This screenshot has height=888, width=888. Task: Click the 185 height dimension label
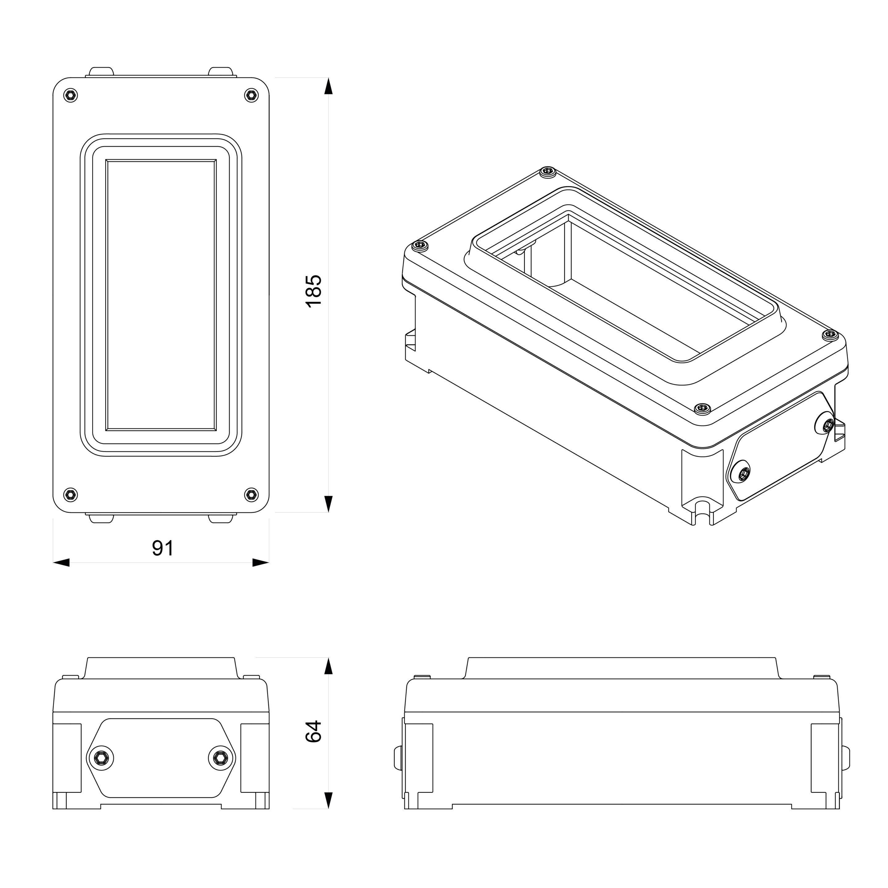[x=314, y=291]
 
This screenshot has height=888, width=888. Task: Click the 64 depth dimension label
[x=314, y=731]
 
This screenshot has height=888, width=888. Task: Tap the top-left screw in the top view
[x=70, y=95]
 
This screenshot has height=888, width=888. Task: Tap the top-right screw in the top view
[x=251, y=95]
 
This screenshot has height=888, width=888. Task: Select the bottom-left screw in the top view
[x=70, y=495]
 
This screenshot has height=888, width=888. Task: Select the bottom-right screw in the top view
[x=251, y=495]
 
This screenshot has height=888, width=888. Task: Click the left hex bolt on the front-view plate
[x=101, y=758]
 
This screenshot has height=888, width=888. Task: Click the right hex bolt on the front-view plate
[x=221, y=758]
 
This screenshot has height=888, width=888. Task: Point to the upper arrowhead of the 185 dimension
[x=328, y=86]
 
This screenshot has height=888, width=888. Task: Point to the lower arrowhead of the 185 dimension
[x=328, y=504]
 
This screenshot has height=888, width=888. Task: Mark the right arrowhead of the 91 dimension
[x=261, y=563]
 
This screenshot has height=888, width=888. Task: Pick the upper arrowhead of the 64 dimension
[x=328, y=666]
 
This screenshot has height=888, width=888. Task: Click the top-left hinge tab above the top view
[x=101, y=72]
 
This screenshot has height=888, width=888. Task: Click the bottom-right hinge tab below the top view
[x=221, y=518]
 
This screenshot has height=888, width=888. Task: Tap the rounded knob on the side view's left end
[x=397, y=758]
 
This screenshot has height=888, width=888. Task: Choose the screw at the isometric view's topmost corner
[x=547, y=172]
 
